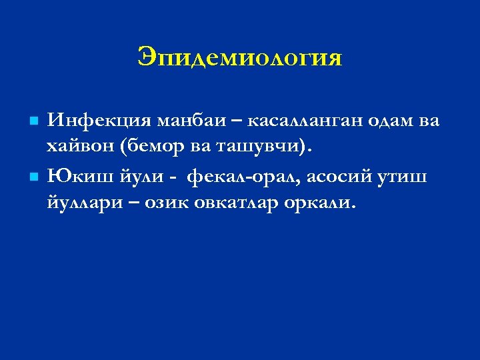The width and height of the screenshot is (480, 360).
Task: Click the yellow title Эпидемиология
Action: tap(240, 58)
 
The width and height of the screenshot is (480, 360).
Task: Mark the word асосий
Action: tap(336, 178)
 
